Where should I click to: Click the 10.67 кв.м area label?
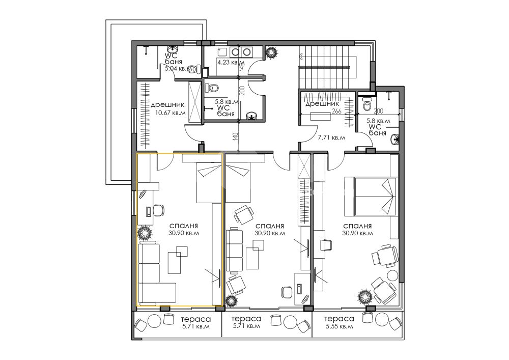coord(171,113)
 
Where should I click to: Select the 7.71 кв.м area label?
coord(331,137)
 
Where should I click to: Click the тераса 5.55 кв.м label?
coord(339,323)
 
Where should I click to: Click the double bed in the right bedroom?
coord(372,196)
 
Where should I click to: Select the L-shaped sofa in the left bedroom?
coord(157,273)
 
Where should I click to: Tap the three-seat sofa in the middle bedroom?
coord(234,250)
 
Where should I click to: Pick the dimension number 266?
coord(336,112)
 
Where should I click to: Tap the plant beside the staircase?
coord(271,52)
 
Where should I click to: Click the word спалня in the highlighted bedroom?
coord(184,226)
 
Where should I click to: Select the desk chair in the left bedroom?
coord(158,210)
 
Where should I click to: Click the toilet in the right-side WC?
coord(367,104)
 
